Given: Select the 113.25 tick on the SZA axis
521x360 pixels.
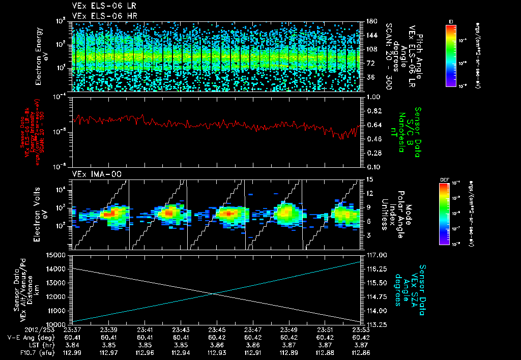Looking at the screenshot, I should [x=373, y=324].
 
